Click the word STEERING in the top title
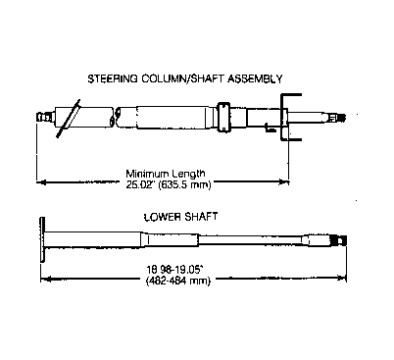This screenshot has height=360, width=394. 113,78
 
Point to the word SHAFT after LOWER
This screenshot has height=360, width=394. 201,217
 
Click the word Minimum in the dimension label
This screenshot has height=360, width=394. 147,174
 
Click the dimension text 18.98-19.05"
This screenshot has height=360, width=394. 175,270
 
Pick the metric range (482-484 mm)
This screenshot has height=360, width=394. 178,281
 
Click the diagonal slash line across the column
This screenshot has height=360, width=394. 69,119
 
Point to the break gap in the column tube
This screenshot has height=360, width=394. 115,117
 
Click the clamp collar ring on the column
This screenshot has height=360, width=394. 223,118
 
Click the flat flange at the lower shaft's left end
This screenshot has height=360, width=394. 42,239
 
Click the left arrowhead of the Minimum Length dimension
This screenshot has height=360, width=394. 40,181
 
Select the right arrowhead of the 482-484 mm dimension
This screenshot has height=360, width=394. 342,279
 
